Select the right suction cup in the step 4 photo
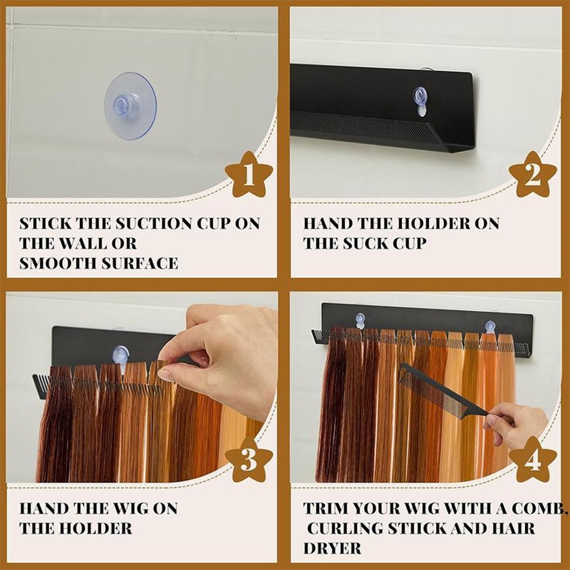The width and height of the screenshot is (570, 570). coord(490,326)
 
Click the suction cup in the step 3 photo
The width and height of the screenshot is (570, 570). coord(120,354)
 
